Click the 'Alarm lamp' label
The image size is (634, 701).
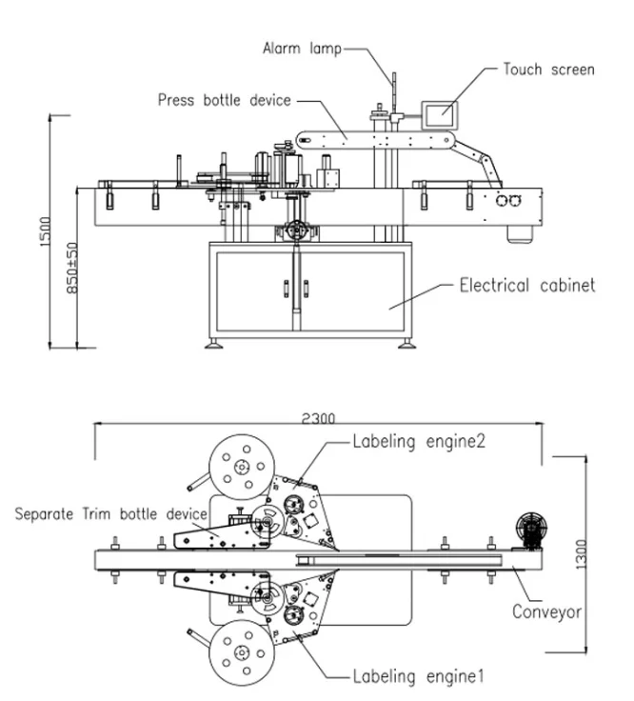pos(302,49)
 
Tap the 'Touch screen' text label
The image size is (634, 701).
pos(549,70)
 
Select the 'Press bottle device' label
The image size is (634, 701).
pos(225,100)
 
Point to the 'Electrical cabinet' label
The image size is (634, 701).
pos(527,285)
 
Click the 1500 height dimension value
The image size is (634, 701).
pos(45,231)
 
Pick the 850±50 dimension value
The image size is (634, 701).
pos(72,268)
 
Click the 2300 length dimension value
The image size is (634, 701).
pos(318,418)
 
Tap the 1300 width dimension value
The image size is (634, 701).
pos(581,554)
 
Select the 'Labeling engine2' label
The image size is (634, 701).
pos(419,441)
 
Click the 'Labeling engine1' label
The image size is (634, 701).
pos(418,676)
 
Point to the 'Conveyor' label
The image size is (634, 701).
pos(546,612)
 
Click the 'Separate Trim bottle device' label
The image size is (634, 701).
pos(110,513)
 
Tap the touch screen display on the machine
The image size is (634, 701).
pos(440,115)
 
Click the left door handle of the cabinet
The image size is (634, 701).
pos(286,289)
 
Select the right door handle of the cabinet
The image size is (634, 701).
pos(307,289)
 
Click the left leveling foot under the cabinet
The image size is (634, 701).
pos(213,343)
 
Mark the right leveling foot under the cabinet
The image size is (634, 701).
pos(406,343)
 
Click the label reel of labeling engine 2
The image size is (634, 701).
pos(242,468)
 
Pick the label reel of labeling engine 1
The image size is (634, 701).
pos(242,653)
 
